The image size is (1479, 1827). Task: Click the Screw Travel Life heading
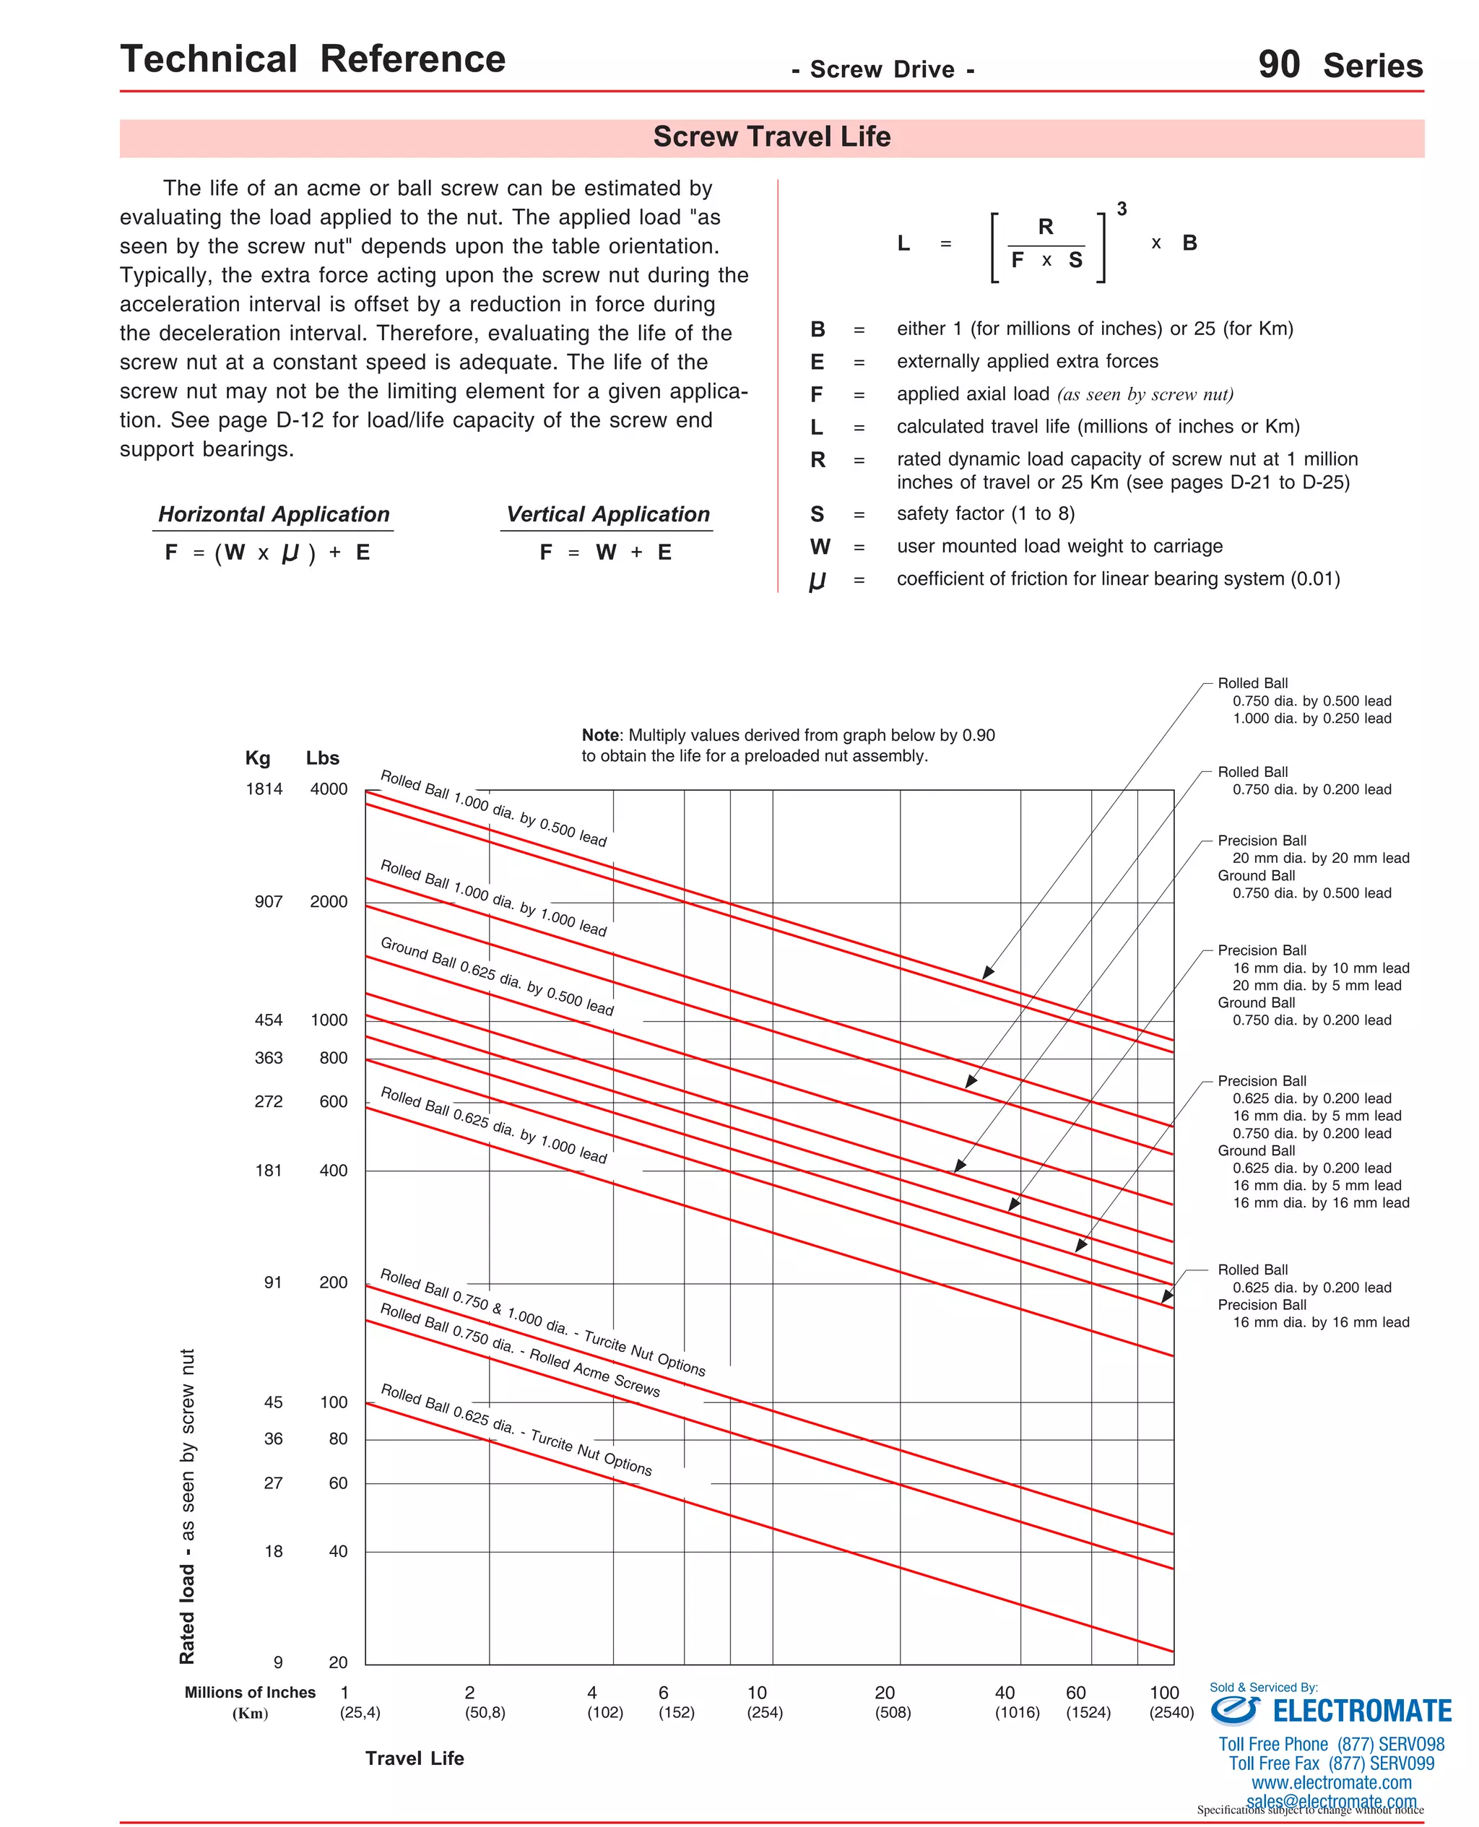click(771, 137)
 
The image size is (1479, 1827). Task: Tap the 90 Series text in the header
click(1340, 66)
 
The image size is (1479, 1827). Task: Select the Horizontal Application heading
click(274, 514)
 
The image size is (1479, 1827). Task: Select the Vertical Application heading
click(607, 514)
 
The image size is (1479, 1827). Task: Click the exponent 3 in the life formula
click(1122, 209)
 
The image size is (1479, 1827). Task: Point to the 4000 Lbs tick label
click(329, 789)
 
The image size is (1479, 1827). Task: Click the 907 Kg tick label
click(269, 901)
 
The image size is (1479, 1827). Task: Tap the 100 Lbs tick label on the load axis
click(333, 1402)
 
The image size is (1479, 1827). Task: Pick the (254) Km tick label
click(764, 1712)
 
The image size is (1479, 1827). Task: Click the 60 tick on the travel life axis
click(1075, 1693)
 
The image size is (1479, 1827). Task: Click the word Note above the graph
click(601, 735)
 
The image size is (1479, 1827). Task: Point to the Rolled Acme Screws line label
click(520, 1350)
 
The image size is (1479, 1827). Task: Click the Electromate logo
click(1330, 1710)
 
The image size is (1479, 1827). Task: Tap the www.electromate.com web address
click(1331, 1783)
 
